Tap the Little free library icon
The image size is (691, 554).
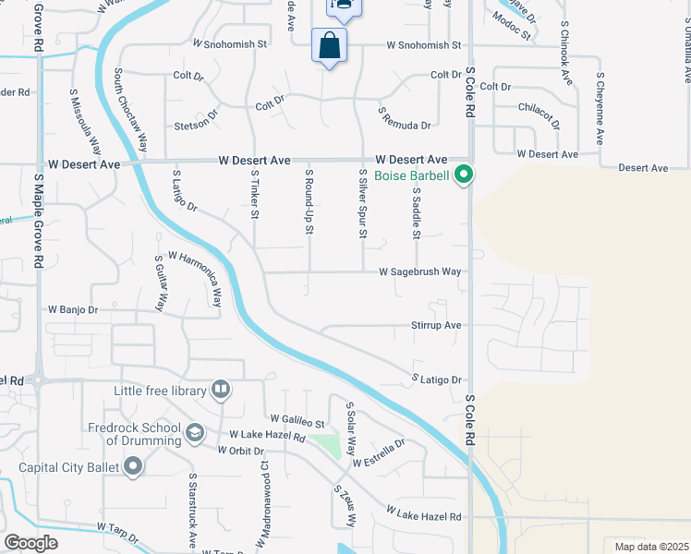220,391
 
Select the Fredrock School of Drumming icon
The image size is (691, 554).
195,432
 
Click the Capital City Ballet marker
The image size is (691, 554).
133,467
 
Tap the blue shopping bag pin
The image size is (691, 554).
330,45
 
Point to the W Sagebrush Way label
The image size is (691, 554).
419,272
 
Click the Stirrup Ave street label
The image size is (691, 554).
435,326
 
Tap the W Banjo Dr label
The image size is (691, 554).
72,309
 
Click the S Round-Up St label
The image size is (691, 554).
309,200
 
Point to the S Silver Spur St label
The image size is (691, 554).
363,205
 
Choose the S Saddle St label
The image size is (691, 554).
417,213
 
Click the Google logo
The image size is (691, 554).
30,543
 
